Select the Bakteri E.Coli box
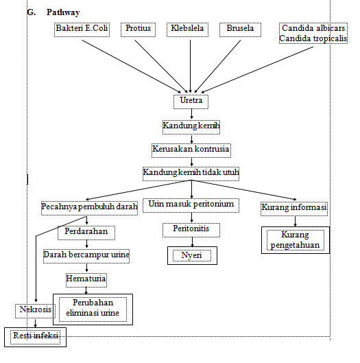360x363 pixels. point(82,29)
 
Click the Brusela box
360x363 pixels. point(241,29)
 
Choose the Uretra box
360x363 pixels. point(190,101)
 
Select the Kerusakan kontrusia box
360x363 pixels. point(191,148)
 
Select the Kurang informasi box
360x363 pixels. point(294,207)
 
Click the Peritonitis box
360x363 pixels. point(191,229)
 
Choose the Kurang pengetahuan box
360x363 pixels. point(294,239)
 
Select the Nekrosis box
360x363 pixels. point(34,310)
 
